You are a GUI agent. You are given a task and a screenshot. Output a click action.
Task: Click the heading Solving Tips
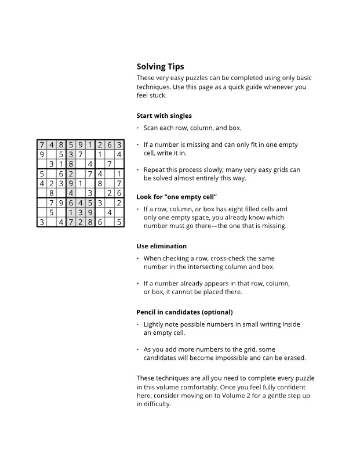(160, 67)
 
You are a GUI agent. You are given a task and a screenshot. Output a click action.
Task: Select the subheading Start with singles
(164, 115)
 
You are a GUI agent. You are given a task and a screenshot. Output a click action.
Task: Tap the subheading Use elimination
(161, 246)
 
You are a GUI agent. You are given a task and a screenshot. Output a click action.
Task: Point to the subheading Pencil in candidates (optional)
(184, 312)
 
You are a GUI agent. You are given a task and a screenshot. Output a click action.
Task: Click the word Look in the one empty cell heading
(144, 197)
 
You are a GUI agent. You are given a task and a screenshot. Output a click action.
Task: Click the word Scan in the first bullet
(151, 128)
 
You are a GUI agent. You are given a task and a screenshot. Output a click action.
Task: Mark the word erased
(293, 358)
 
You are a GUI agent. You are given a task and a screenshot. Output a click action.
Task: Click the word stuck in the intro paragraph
(158, 96)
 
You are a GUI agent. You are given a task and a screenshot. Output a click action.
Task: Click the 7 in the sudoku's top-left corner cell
(42, 145)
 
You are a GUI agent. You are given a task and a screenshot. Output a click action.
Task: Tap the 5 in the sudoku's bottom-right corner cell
(119, 222)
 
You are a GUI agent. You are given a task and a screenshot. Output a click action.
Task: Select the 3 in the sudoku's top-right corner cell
(119, 145)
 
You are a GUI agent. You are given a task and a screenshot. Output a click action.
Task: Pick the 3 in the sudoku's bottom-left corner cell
(42, 222)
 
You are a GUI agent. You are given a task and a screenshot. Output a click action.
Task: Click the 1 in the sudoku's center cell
(81, 183)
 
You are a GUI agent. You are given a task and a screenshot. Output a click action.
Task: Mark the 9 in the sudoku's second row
(42, 154)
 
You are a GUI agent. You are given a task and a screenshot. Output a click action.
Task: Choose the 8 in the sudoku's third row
(71, 164)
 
